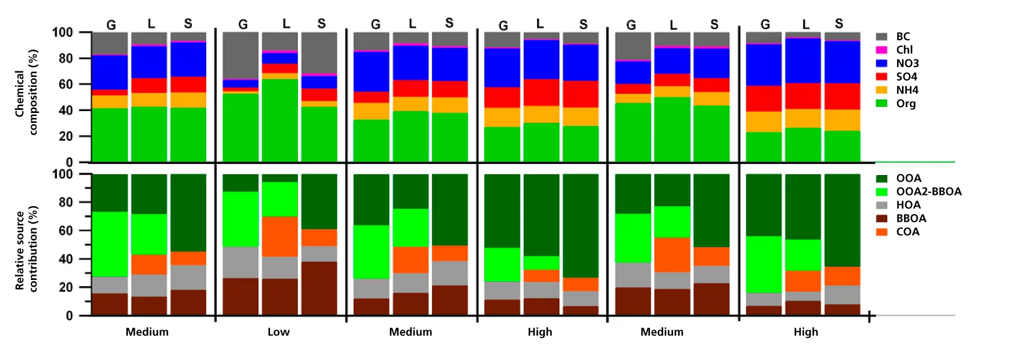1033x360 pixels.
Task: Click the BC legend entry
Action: tap(902, 37)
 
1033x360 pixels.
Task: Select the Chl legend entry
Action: tap(904, 50)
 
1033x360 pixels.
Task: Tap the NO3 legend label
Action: tap(907, 63)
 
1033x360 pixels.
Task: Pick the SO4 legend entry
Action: tap(906, 77)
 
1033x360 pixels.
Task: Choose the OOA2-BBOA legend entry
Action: tap(928, 192)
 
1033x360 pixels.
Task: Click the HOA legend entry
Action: tap(908, 205)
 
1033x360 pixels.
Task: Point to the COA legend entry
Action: tap(907, 232)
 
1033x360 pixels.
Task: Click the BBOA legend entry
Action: tap(911, 218)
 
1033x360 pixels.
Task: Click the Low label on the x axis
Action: tap(278, 332)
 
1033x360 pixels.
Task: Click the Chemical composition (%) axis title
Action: tap(26, 93)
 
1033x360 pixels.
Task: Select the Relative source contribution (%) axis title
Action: tap(26, 248)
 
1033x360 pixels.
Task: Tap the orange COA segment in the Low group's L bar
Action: tap(279, 236)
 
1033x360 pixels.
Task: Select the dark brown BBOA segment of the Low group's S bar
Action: tap(319, 288)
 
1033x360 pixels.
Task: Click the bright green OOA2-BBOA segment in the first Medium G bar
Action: tap(110, 244)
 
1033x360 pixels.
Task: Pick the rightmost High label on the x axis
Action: tap(805, 332)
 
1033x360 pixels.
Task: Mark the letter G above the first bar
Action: tap(111, 25)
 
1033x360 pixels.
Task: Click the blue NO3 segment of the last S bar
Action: tap(842, 62)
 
